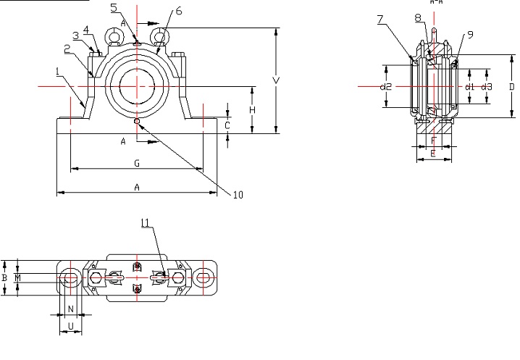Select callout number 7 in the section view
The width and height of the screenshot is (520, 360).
[x=381, y=20]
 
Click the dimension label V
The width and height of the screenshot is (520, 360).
[x=276, y=80]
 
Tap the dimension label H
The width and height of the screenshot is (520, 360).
[x=252, y=109]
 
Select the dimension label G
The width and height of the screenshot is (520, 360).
[x=136, y=164]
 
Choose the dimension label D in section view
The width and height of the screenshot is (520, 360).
[x=511, y=87]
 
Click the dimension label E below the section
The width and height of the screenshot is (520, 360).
[x=432, y=153]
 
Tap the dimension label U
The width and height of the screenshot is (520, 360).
[x=70, y=327]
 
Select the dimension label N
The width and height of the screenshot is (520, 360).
[x=70, y=309]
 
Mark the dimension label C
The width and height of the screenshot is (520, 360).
[x=227, y=125]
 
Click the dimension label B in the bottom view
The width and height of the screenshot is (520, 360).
[x=4, y=277]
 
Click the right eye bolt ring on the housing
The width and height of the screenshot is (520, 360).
[x=161, y=34]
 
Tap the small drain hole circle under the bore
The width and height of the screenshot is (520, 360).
[x=138, y=121]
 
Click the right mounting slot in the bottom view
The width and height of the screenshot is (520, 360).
[x=204, y=277]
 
